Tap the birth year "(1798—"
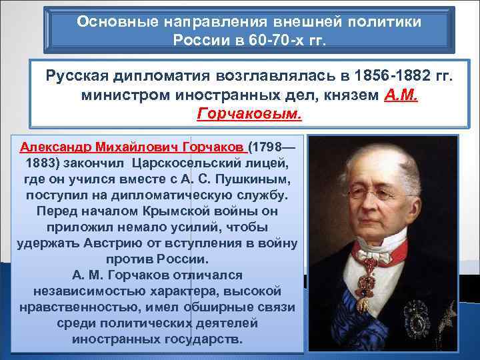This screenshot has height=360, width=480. click(275, 146)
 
